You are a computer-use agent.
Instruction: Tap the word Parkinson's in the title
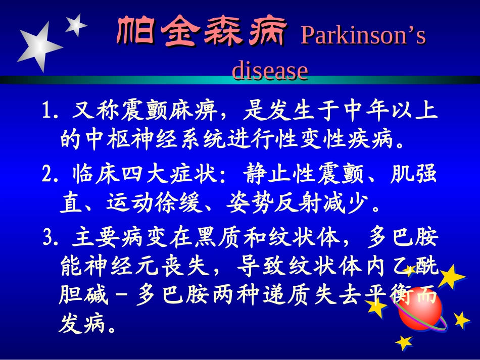[363, 36]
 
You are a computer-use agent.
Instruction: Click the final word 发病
[83, 325]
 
